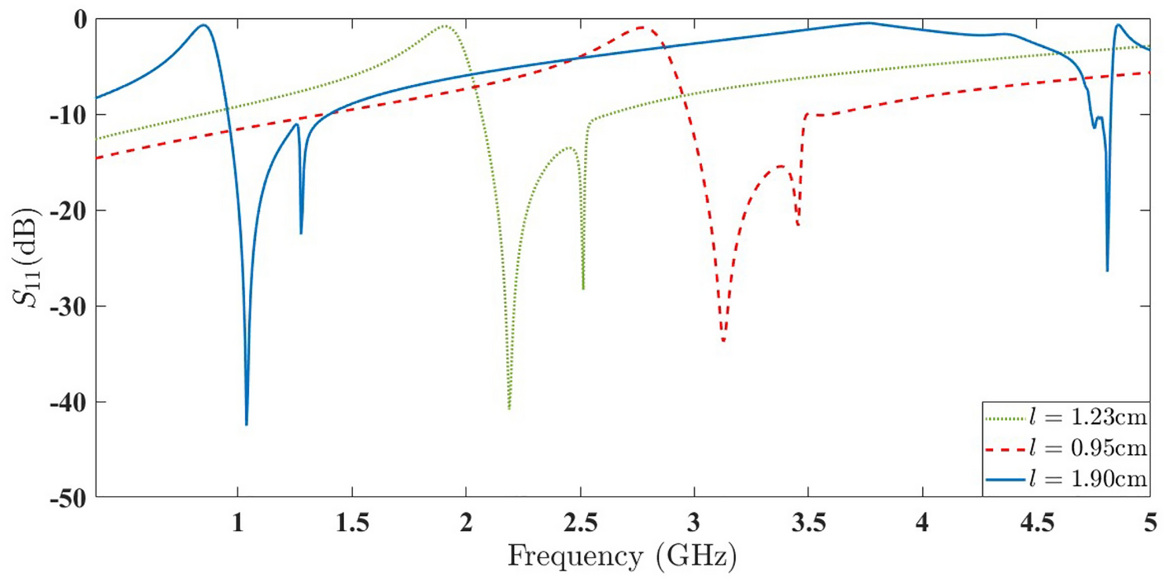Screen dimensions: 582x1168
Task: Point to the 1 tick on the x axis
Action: point(238,522)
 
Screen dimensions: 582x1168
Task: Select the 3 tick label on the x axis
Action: point(695,522)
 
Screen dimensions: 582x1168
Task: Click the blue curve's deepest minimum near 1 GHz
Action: point(247,423)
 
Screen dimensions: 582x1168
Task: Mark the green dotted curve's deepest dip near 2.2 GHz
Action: point(509,408)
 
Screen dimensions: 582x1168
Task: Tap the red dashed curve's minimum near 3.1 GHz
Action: point(723,340)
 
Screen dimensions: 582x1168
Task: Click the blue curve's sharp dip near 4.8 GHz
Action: point(1107,270)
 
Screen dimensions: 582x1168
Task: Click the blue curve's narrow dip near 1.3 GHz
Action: point(301,233)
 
